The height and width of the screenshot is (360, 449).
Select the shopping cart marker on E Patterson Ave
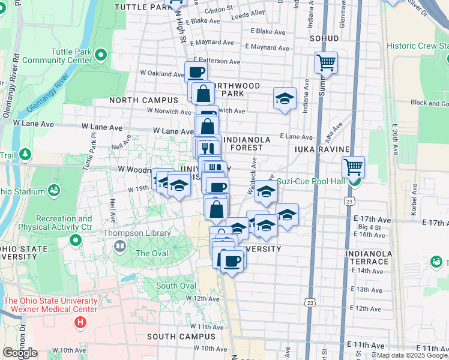pyautogui.click(x=326, y=62)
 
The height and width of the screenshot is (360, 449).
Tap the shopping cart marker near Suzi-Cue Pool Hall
pyautogui.click(x=353, y=166)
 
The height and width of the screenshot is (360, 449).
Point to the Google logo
pyautogui.click(x=20, y=353)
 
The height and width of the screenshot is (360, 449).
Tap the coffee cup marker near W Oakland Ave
pyautogui.click(x=196, y=72)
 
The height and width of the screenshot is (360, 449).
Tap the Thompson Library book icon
pyautogui.click(x=121, y=246)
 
